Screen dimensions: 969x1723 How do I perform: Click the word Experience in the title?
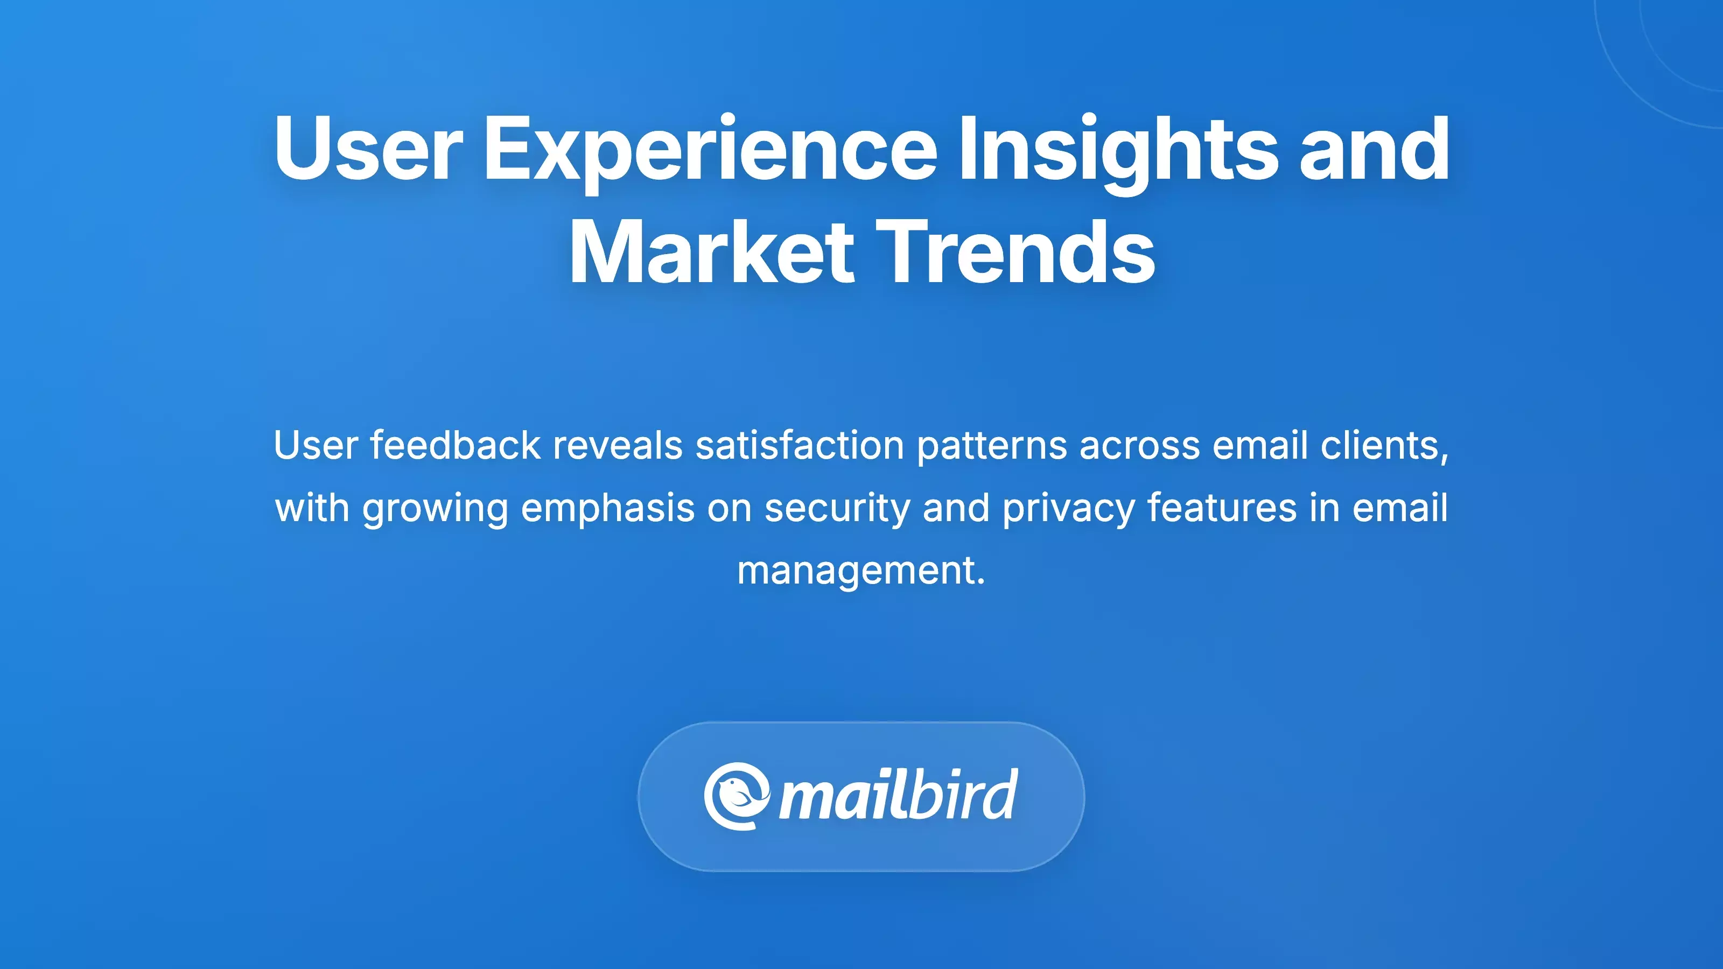click(710, 151)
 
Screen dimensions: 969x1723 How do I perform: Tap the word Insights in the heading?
click(1118, 151)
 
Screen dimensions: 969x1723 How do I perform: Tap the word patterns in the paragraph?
click(991, 447)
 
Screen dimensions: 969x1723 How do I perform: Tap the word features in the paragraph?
click(1221, 508)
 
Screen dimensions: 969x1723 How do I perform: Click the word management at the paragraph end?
click(859, 572)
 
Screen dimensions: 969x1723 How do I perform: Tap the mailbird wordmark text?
click(898, 795)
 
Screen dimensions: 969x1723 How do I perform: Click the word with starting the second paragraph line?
click(312, 508)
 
